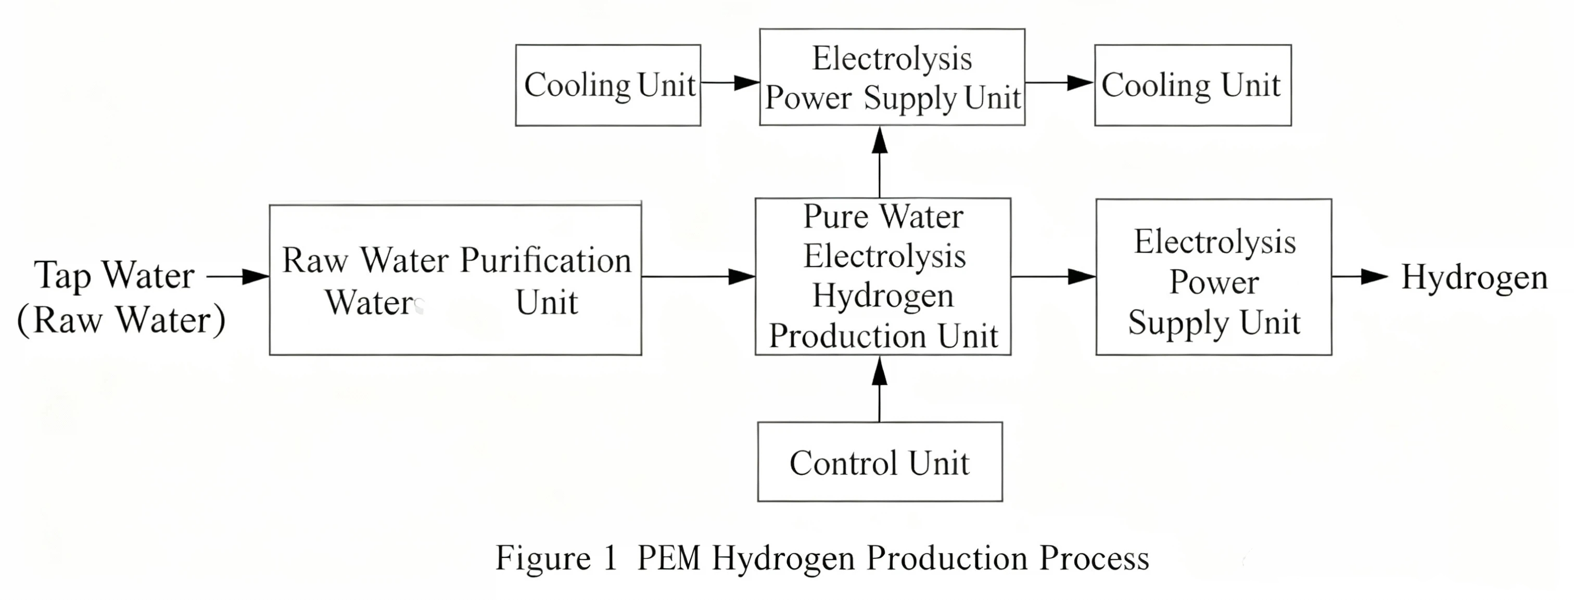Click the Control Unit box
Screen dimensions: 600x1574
coord(879,462)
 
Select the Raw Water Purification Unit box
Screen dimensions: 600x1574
coord(455,280)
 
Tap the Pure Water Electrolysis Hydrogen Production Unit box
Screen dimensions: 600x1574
coord(882,276)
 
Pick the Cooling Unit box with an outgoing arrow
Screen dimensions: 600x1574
coord(608,85)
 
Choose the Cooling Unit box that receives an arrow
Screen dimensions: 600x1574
coord(1192,85)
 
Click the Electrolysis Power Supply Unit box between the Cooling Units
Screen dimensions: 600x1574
coord(892,78)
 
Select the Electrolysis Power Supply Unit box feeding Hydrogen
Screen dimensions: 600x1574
coord(1213,277)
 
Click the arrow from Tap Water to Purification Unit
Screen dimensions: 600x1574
coord(238,277)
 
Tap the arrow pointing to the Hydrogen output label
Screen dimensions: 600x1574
coord(1359,277)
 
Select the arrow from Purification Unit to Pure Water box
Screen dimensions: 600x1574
coord(698,277)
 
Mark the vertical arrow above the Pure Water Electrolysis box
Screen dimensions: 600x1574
coord(879,162)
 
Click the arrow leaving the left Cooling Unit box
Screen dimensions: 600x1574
coord(730,83)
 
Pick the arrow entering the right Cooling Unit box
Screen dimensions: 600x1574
coord(1059,83)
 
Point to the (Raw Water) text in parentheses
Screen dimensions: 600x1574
coord(121,320)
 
